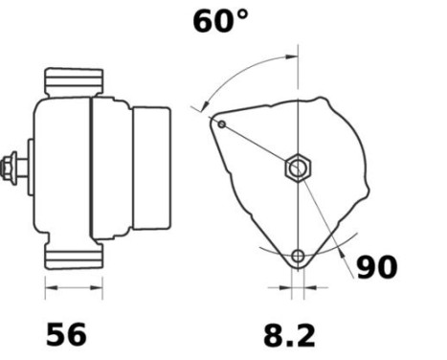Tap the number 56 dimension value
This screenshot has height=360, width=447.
tap(66, 334)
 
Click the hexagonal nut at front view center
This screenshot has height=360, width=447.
tap(297, 169)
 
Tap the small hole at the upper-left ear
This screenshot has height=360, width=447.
tap(222, 124)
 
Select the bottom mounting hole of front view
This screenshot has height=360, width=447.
tap(299, 256)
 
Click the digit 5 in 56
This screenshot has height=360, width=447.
tap(55, 334)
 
